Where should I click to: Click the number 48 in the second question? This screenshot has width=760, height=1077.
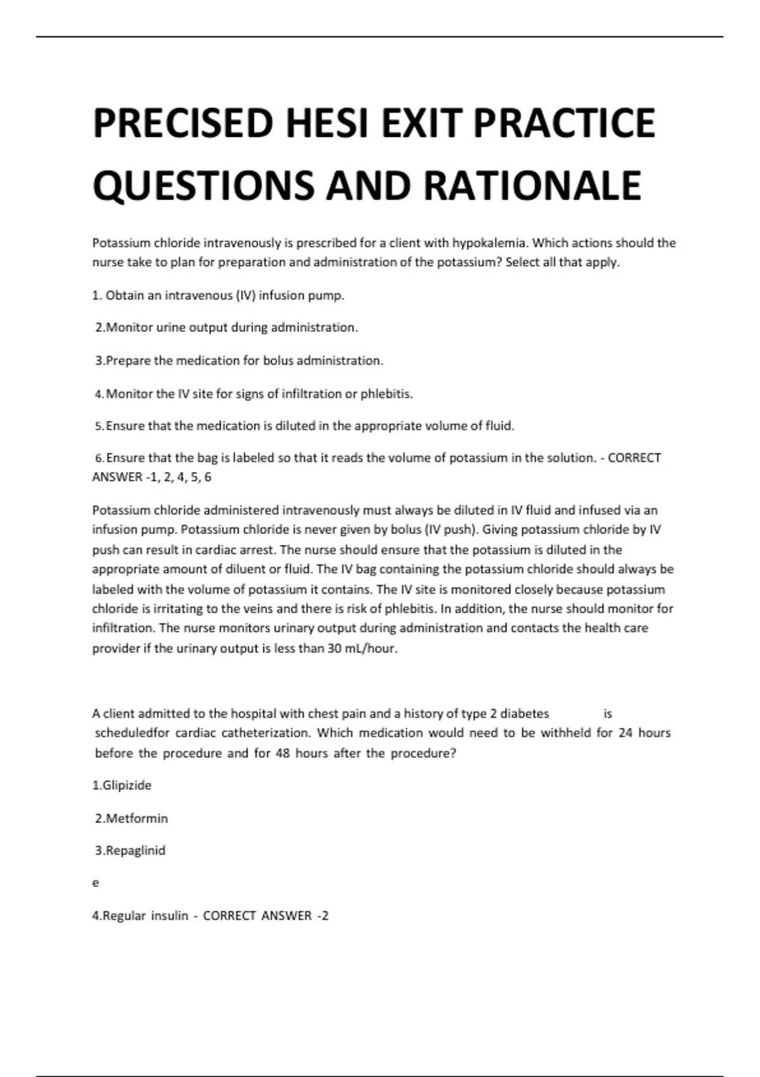282,753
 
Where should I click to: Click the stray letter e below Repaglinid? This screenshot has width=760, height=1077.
96,883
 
